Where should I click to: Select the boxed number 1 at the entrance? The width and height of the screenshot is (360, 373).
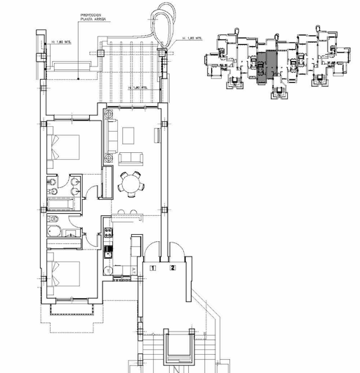pyautogui.click(x=153, y=267)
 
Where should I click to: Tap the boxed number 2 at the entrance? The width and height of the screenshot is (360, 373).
pyautogui.click(x=171, y=267)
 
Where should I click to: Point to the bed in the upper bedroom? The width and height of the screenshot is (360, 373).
pyautogui.click(x=64, y=151)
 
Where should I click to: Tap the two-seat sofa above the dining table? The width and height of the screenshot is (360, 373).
pyautogui.click(x=130, y=157)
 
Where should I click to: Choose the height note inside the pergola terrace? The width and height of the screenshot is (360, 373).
pyautogui.click(x=139, y=87)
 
